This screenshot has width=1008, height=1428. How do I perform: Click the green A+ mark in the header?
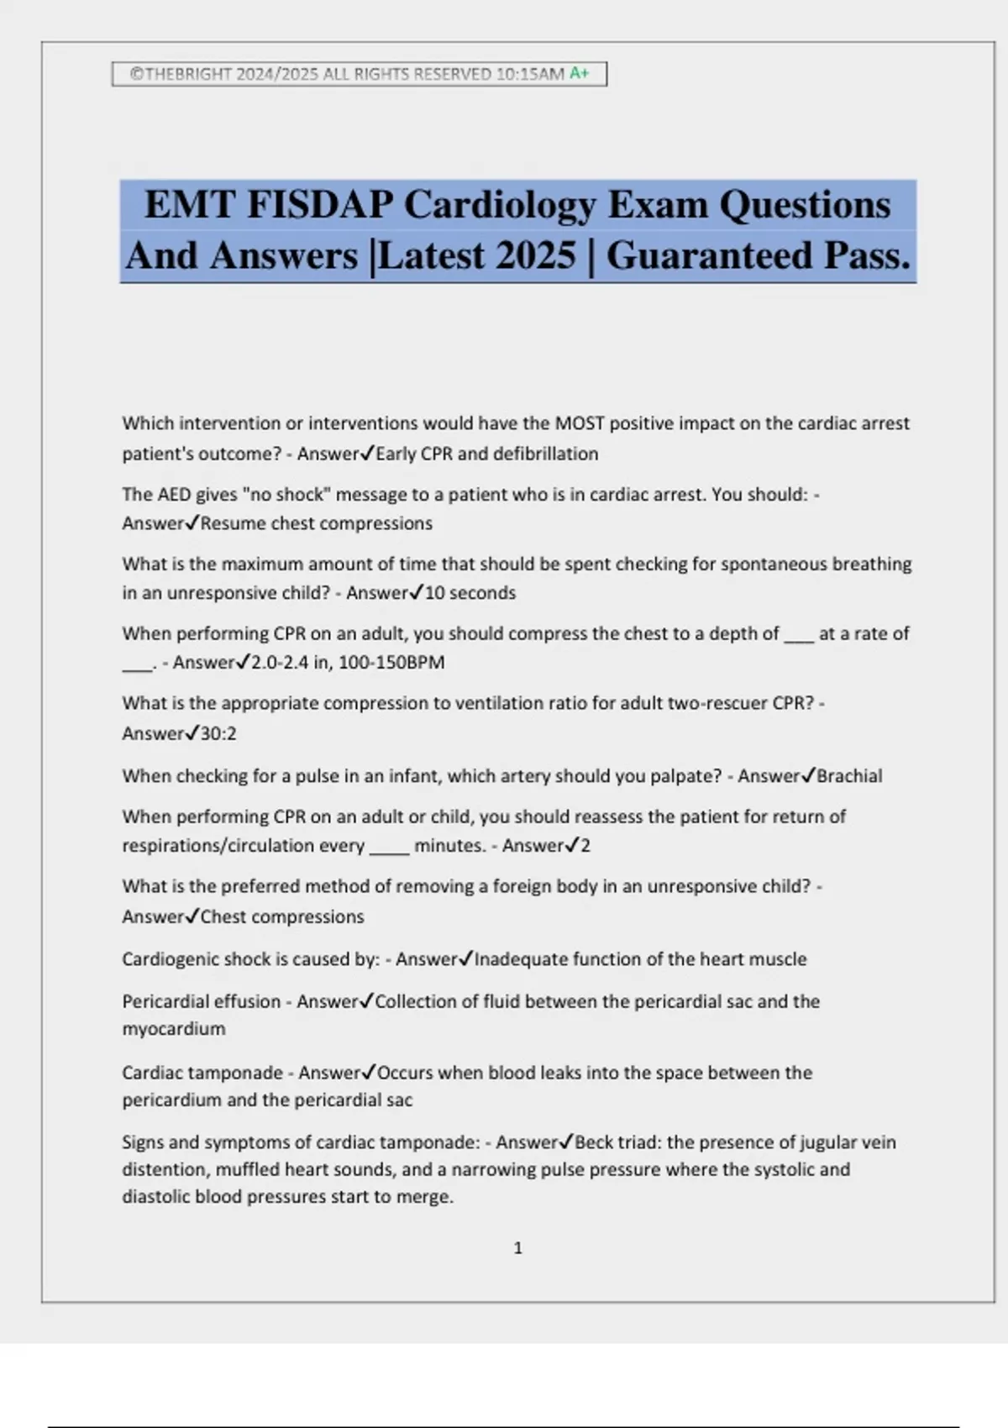click(580, 74)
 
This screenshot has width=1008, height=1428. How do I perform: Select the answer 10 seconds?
click(470, 593)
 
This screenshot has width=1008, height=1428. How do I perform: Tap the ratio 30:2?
click(218, 734)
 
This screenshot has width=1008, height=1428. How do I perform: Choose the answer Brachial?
click(849, 776)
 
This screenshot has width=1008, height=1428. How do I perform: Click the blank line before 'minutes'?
click(389, 847)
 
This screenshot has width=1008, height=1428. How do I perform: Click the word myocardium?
click(174, 1029)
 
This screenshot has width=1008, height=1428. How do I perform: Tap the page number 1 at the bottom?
click(517, 1248)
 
